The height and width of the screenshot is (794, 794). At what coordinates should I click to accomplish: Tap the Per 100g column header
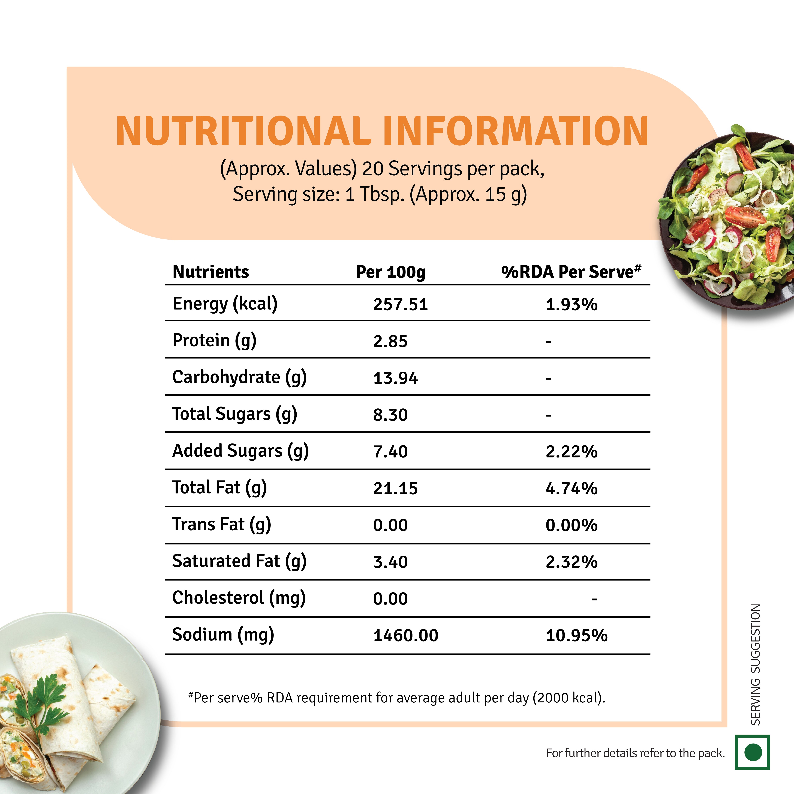[x=390, y=272]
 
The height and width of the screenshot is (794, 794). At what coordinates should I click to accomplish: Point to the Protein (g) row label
[x=214, y=341]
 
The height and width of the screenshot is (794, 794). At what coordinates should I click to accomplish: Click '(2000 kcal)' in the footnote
[x=568, y=698]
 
